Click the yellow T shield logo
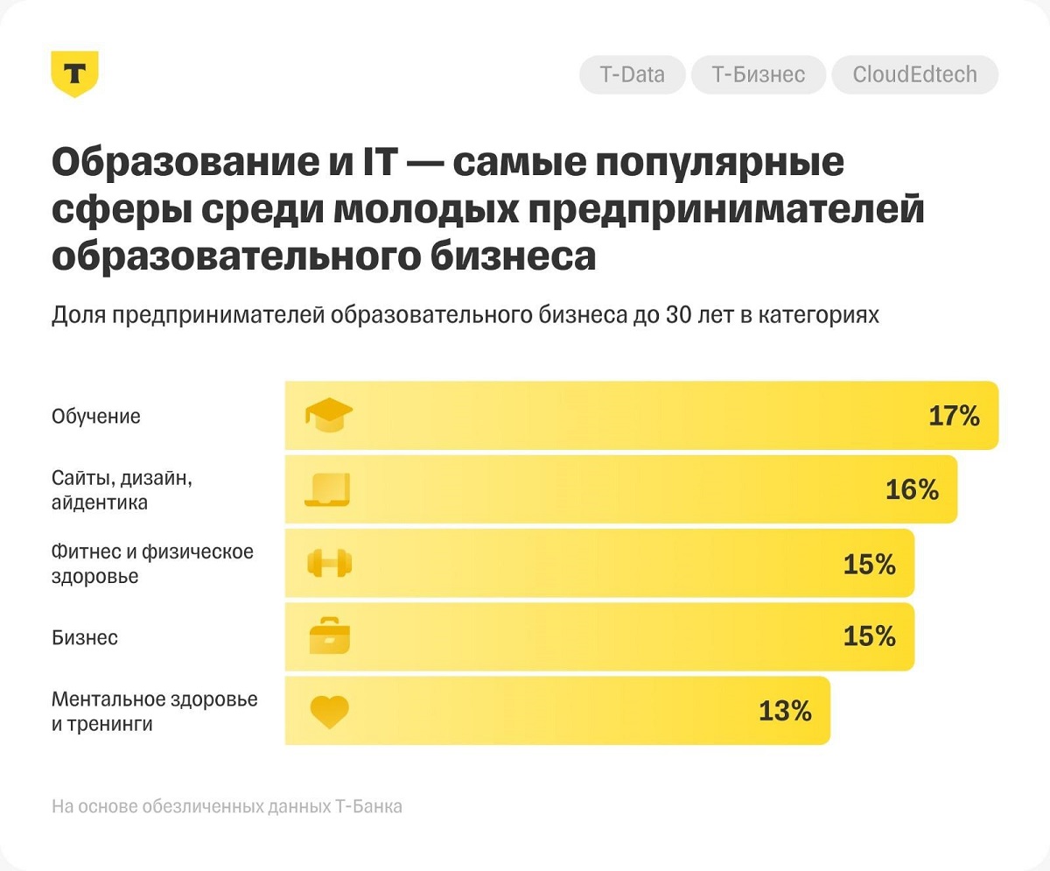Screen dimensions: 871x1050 click(x=74, y=74)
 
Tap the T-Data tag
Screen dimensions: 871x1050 click(x=632, y=75)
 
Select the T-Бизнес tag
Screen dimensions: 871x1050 click(x=758, y=75)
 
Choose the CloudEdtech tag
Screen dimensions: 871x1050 click(x=914, y=75)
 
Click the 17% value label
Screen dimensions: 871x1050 click(x=954, y=416)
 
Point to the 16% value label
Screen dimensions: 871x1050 click(x=912, y=490)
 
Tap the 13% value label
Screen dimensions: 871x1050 click(x=785, y=711)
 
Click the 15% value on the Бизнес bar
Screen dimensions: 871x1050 click(x=869, y=636)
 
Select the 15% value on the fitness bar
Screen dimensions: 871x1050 click(x=869, y=565)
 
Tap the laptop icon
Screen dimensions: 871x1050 click(x=328, y=490)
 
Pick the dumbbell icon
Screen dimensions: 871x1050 click(x=329, y=564)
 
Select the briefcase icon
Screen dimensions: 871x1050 click(x=330, y=636)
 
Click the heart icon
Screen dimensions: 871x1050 click(x=330, y=712)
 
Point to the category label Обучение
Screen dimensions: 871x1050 click(x=96, y=417)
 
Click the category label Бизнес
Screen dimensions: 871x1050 click(x=85, y=637)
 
